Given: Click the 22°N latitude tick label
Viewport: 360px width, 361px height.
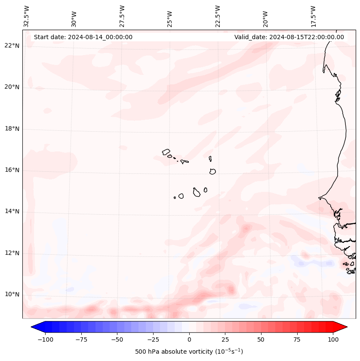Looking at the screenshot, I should point(12,46).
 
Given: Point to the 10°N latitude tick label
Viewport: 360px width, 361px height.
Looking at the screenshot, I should point(12,295).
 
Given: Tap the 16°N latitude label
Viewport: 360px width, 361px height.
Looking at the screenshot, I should point(12,170).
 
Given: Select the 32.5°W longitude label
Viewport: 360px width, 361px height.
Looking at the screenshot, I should point(27,16).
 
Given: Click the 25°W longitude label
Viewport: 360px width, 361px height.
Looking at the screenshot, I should point(170,16).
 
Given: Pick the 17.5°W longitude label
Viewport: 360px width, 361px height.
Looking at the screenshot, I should point(313,16).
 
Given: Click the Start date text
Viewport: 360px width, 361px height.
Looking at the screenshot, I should point(83,37).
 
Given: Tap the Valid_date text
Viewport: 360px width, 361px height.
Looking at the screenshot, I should point(289,37).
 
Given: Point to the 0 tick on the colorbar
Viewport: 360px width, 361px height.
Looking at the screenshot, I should point(189,339).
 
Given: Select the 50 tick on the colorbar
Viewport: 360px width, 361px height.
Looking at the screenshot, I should point(261,339).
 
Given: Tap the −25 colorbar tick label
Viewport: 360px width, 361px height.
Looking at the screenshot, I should point(153,339).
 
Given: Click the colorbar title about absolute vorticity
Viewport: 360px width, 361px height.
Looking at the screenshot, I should point(189,352).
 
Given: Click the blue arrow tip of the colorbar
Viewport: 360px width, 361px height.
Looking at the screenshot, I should point(33,327).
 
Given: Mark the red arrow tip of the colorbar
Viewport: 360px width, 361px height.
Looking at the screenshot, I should point(346,327).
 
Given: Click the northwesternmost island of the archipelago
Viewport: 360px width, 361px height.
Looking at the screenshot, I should point(166,151).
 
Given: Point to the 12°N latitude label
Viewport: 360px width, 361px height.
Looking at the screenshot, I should point(12,253).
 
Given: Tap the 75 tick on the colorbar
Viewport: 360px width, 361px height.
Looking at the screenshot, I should point(297,339).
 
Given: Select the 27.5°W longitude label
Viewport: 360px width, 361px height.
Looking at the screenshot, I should point(122,16).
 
